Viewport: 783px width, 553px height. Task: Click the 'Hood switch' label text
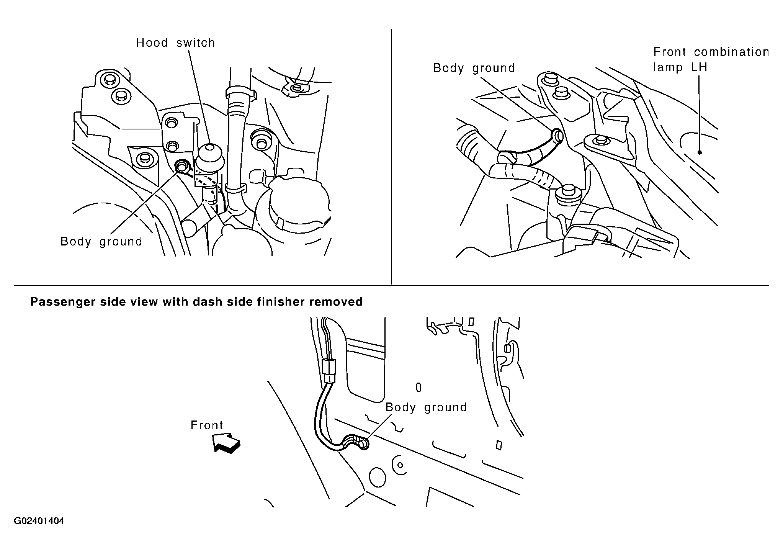[x=175, y=43]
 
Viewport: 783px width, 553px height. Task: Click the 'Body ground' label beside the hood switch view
[x=101, y=242]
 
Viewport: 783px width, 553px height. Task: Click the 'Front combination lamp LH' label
[x=711, y=59]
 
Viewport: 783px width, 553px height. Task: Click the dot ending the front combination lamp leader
[x=700, y=152]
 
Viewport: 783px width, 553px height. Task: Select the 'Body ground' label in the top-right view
[x=474, y=68]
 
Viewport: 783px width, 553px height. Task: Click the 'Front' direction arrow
[x=227, y=443]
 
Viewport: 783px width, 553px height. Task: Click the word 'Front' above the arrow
[x=207, y=425]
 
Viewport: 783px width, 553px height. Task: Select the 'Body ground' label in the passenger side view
[x=426, y=407]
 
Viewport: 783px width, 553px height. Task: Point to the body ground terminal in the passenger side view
[x=363, y=444]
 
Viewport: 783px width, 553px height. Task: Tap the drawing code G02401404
[x=39, y=521]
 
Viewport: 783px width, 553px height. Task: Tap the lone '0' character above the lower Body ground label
[x=418, y=388]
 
